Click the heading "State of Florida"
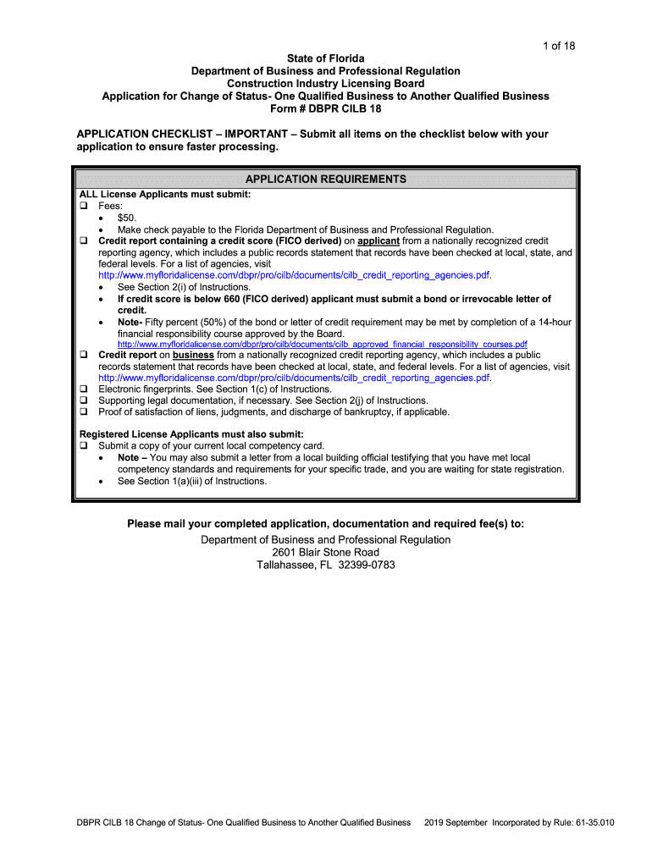tap(325, 58)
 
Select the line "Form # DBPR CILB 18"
tap(325, 109)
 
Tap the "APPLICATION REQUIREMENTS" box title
tap(325, 179)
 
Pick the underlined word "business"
tap(193, 356)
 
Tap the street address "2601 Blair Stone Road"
tap(325, 553)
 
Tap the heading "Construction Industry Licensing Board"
tap(325, 84)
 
